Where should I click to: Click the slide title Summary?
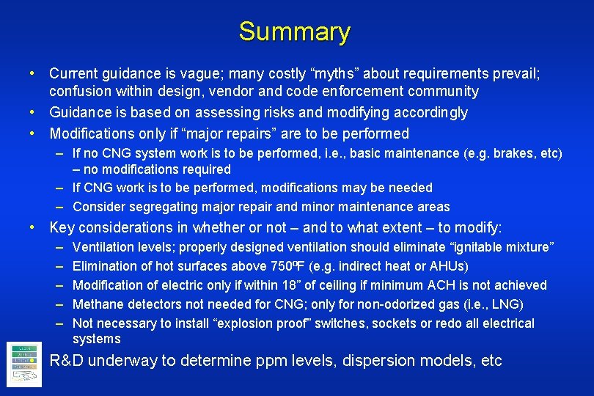tap(295, 32)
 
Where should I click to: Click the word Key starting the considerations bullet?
tap(61, 228)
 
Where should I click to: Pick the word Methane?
tap(97, 304)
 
